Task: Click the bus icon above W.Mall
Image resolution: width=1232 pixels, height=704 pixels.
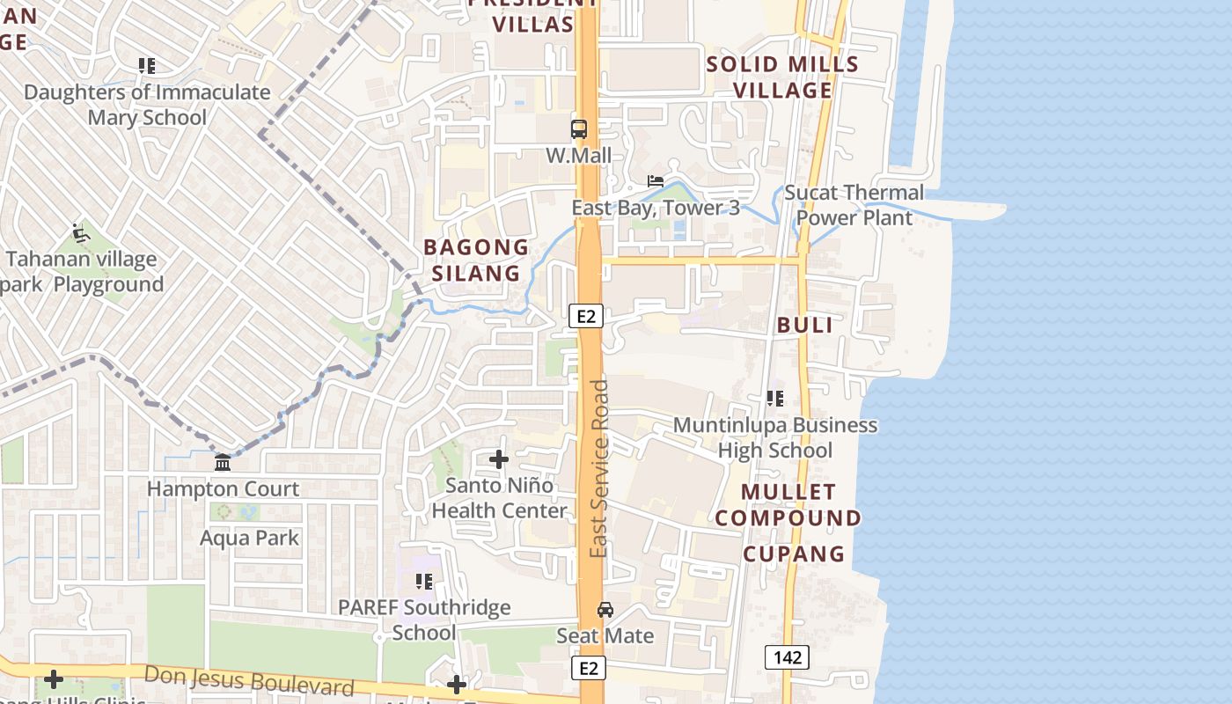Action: pos(579,129)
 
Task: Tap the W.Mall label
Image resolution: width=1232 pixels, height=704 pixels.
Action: pos(578,156)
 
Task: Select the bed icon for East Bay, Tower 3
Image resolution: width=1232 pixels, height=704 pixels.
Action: pos(656,181)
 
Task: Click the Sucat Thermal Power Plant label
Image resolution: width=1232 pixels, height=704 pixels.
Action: pos(854,205)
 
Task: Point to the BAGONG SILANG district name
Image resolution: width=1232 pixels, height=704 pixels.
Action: pos(476,260)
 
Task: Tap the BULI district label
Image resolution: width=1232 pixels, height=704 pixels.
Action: pos(804,325)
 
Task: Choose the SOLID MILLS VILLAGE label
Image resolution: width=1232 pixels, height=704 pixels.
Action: pos(782,77)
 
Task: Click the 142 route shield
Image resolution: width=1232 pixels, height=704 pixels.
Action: pos(786,656)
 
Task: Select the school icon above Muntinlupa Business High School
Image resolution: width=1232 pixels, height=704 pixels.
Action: pos(775,399)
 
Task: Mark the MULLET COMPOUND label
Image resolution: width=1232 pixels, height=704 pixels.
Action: pos(788,504)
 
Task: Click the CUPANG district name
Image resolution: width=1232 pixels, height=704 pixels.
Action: pos(794,554)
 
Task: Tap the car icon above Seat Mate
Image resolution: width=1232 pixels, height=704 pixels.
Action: pos(605,609)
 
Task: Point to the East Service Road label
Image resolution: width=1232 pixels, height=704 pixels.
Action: pos(599,468)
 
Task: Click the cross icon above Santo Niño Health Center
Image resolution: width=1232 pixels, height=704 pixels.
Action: pos(499,459)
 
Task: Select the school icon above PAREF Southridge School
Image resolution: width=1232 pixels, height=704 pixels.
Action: pos(424,582)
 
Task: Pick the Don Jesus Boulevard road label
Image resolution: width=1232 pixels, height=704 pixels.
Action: pos(249,680)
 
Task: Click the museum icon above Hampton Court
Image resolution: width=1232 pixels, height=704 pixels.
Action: pos(223,463)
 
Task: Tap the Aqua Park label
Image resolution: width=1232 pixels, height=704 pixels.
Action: pos(250,538)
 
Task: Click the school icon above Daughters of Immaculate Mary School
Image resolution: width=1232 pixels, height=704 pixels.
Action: pos(147,66)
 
